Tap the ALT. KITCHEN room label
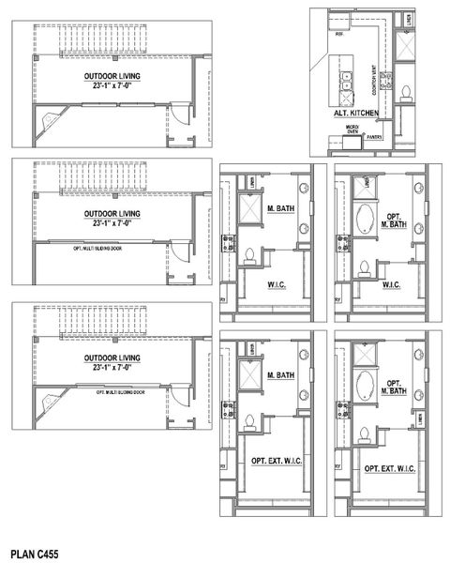pos(354,114)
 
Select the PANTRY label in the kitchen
pos(375,135)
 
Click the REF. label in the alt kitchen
pos(339,44)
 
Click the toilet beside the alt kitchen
pos(406,92)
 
